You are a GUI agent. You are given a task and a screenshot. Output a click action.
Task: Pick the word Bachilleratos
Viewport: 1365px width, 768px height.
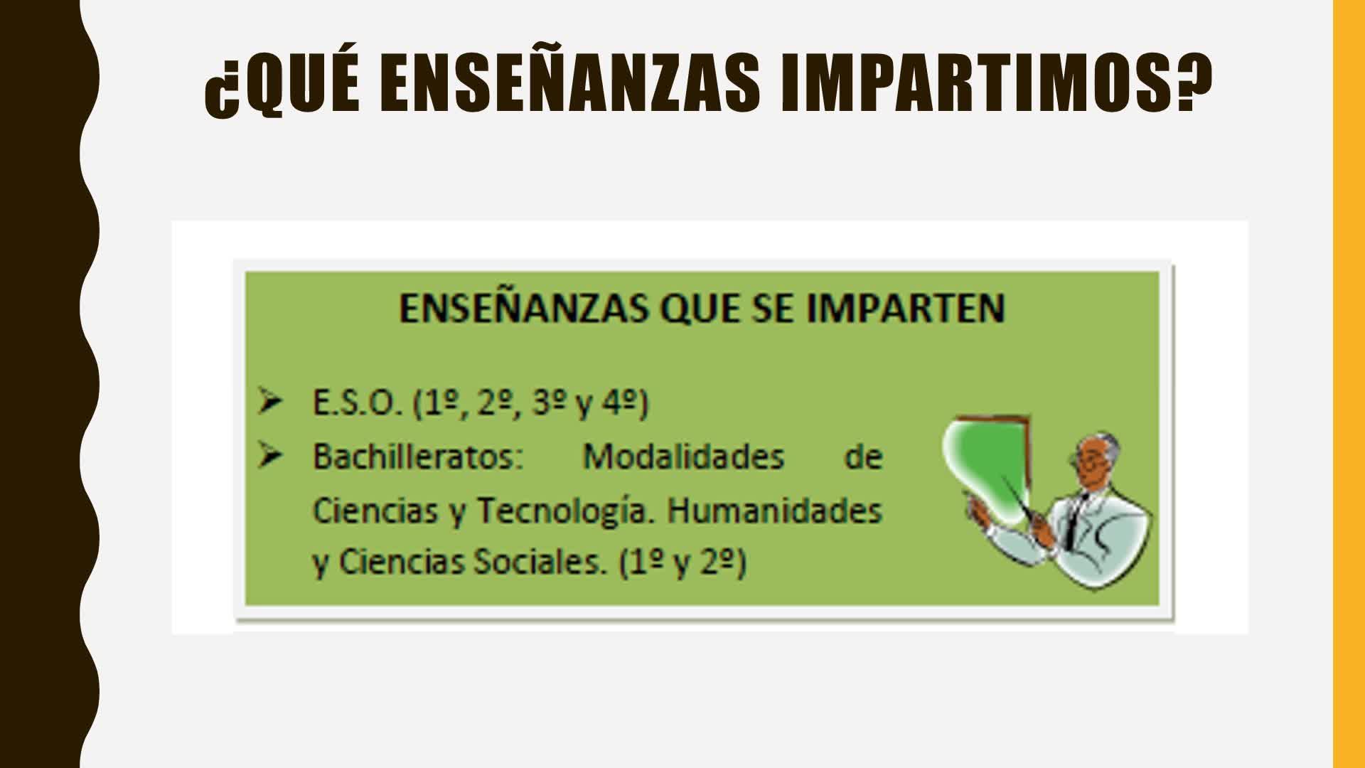pyautogui.click(x=418, y=457)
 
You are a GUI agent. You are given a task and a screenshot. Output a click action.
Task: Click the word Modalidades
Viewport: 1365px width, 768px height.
pyautogui.click(x=683, y=457)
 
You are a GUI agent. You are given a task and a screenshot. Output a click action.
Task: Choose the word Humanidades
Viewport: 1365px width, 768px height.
pyautogui.click(x=774, y=511)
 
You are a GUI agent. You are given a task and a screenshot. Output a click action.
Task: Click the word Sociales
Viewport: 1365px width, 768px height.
pyautogui.click(x=541, y=562)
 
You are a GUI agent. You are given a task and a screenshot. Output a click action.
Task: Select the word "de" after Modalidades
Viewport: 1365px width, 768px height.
pyautogui.click(x=863, y=457)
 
